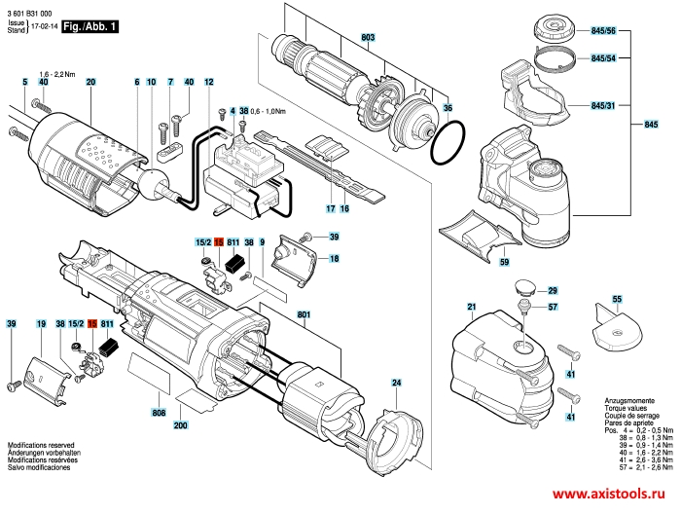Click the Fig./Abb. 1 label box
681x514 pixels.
point(90,29)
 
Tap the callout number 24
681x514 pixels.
point(396,383)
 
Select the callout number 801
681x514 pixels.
point(303,314)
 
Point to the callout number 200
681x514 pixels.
point(180,426)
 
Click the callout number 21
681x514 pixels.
point(472,309)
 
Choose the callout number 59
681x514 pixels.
point(504,263)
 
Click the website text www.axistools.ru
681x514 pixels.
point(614,495)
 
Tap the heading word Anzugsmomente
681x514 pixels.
point(600,399)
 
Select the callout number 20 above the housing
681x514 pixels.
point(90,82)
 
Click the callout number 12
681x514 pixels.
point(208,82)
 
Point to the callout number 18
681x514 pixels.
point(334,258)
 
